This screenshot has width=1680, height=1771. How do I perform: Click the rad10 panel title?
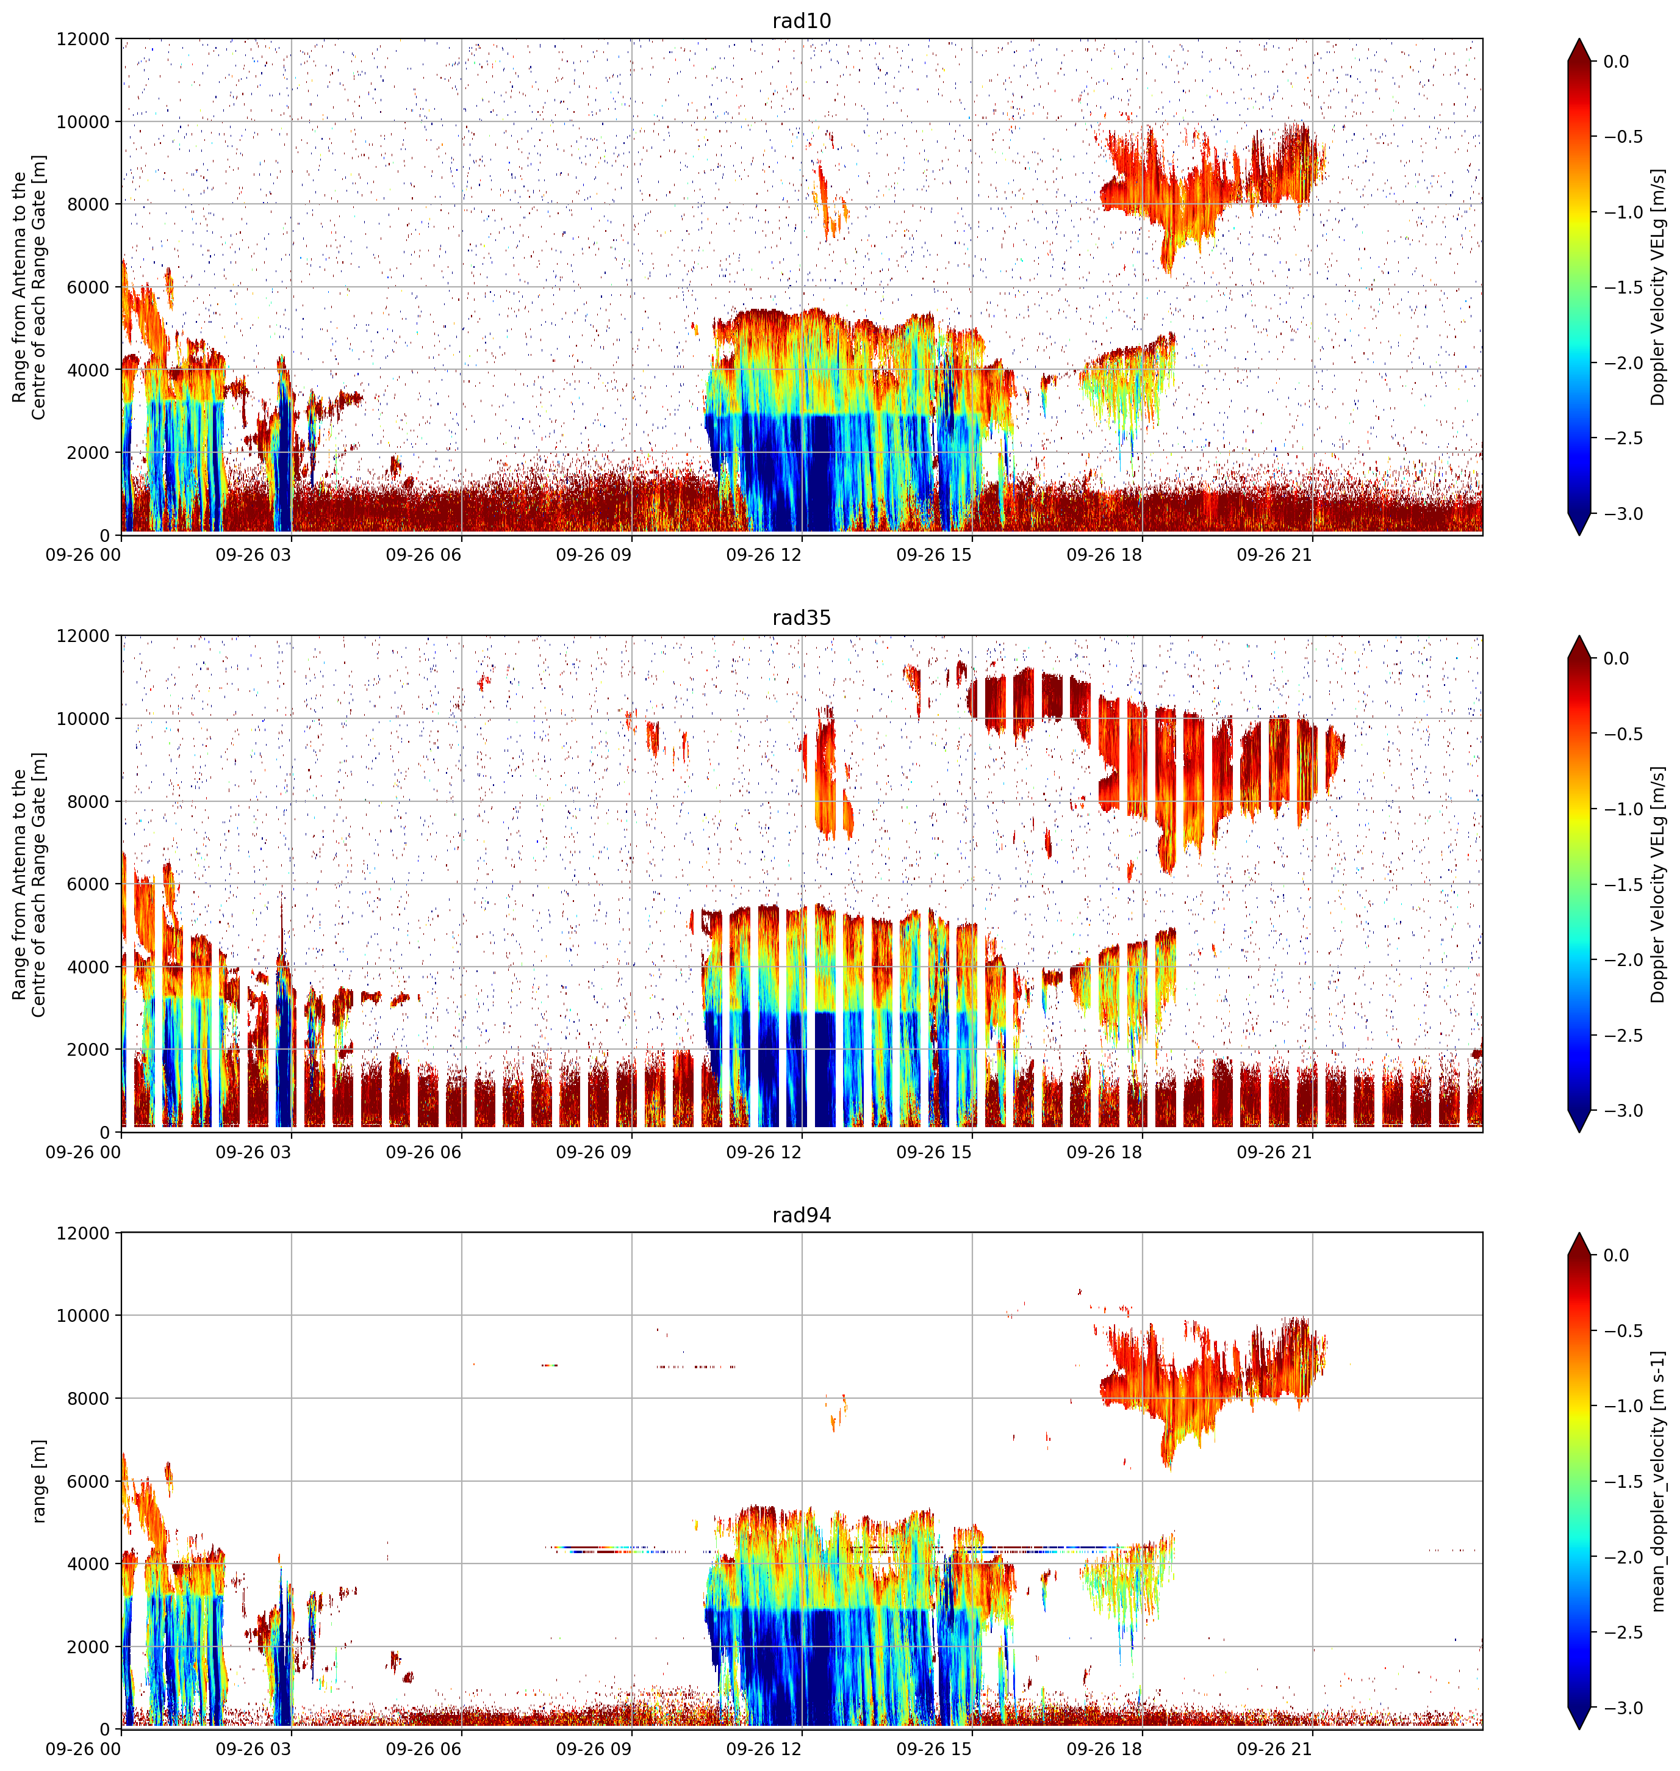point(802,21)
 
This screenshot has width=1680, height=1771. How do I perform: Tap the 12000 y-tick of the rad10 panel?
point(84,40)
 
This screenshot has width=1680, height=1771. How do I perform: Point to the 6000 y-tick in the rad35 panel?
point(88,884)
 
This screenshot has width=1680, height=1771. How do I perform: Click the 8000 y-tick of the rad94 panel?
point(88,1398)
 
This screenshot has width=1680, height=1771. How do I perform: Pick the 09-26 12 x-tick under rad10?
point(764,555)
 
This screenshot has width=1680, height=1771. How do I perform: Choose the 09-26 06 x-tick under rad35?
point(423,1152)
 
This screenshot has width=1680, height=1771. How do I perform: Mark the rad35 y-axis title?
point(29,884)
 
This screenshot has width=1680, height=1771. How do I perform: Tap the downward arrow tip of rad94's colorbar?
point(1579,1728)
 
